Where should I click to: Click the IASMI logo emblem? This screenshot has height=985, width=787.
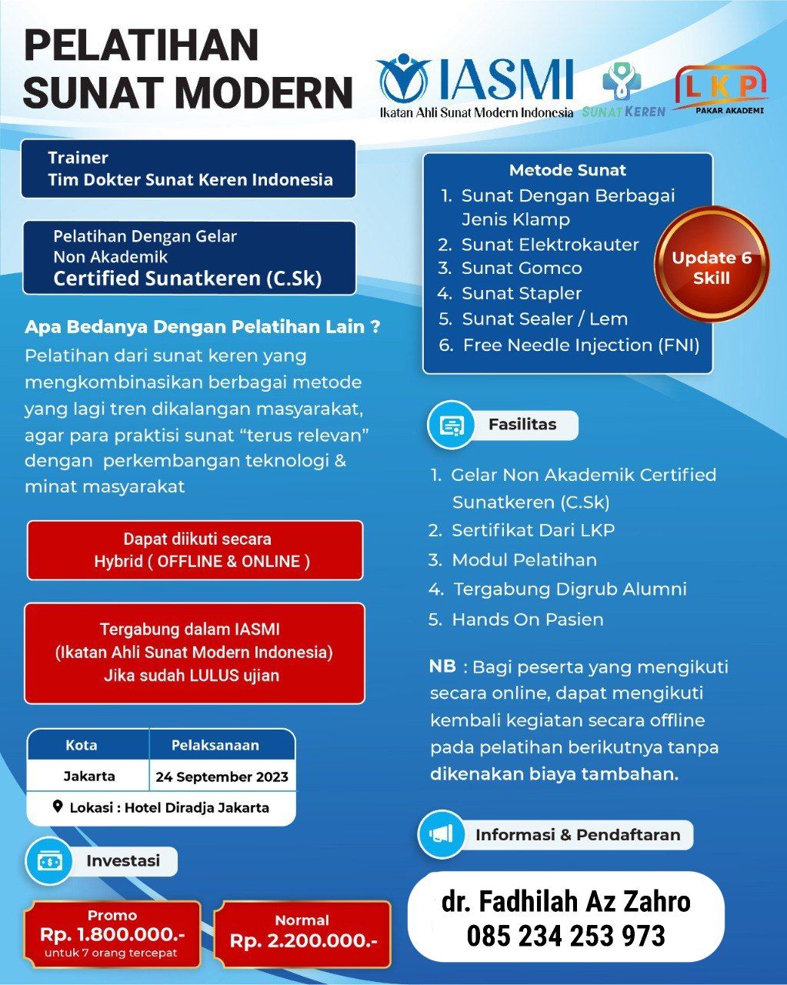point(403,78)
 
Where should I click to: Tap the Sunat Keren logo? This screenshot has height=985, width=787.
point(622,89)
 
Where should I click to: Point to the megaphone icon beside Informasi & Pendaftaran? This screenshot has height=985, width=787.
point(442,834)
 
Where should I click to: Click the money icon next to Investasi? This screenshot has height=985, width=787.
point(49,861)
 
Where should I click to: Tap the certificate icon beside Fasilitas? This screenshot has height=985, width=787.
point(451,425)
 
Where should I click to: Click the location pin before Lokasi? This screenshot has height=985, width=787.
point(58,807)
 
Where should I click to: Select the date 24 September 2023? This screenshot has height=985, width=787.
point(222,776)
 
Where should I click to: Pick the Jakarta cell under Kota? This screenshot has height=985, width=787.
point(89,776)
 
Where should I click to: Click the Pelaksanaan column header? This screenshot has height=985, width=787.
point(215,745)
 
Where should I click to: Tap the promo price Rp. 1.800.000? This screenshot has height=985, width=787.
point(112,934)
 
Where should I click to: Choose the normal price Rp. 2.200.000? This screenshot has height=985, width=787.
point(303,940)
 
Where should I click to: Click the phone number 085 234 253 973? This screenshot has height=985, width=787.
point(565,936)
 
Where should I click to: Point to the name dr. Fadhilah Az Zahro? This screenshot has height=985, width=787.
point(565,901)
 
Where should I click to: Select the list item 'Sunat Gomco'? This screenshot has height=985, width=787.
point(521,268)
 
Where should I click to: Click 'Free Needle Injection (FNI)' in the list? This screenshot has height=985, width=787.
point(581,345)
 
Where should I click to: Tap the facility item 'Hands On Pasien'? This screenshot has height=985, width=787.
point(527,619)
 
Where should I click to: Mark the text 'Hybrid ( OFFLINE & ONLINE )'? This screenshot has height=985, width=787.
point(202,562)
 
